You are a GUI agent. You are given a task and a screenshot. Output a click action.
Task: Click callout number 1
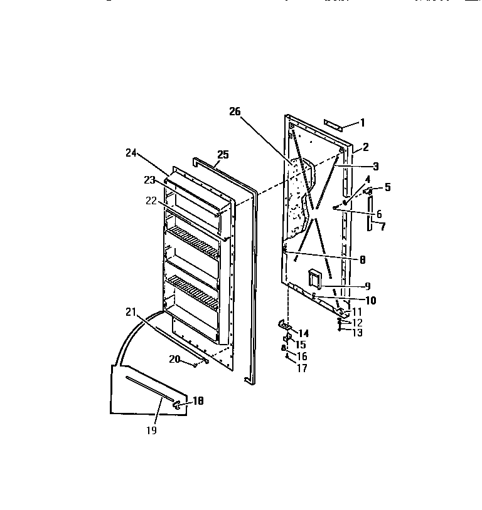pos(361,123)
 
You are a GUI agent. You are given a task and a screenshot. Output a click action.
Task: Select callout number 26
pos(235,112)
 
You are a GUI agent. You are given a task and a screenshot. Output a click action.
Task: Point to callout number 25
pos(223,154)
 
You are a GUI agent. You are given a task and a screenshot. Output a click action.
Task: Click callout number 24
pos(131,152)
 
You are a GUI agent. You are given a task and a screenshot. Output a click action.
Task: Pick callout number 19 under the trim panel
pos(151,430)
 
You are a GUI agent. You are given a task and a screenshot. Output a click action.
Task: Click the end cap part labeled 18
pos(179,405)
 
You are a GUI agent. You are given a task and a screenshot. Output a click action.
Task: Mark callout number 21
pos(130,311)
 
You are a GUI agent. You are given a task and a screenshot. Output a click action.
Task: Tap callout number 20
pos(174,359)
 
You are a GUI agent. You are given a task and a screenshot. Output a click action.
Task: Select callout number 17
pos(302,368)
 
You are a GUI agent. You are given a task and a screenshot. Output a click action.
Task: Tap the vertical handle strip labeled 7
pos(370,213)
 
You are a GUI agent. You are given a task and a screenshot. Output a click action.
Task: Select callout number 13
pos(357,333)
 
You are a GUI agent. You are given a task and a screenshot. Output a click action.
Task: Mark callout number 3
pos(375,166)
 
